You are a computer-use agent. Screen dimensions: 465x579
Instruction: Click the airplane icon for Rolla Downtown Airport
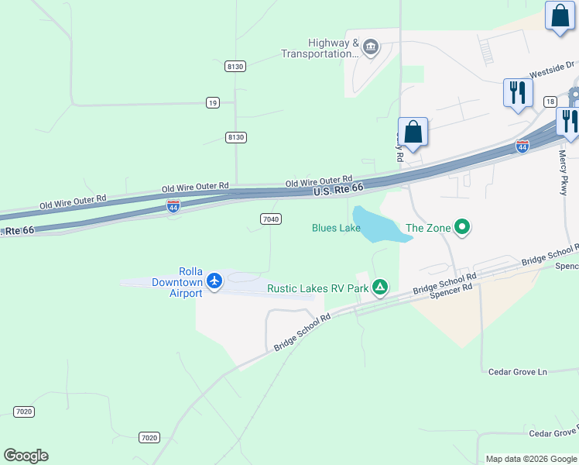pyautogui.click(x=214, y=281)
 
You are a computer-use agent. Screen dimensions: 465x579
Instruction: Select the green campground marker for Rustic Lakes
pyautogui.click(x=380, y=288)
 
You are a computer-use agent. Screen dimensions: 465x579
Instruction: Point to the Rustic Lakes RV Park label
pyautogui.click(x=318, y=288)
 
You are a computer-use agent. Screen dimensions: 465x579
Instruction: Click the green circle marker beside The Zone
pyautogui.click(x=462, y=228)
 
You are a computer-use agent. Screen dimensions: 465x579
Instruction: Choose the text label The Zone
pyautogui.click(x=426, y=228)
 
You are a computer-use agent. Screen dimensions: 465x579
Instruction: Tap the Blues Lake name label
pyautogui.click(x=336, y=228)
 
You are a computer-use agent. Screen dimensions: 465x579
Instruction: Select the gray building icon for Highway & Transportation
pyautogui.click(x=370, y=48)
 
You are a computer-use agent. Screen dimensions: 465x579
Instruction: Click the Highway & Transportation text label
pyautogui.click(x=320, y=49)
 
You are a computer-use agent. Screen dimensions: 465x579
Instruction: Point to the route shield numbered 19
pyautogui.click(x=213, y=102)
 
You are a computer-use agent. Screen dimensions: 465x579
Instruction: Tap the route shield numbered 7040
pyautogui.click(x=270, y=219)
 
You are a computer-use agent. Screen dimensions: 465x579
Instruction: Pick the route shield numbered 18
pyautogui.click(x=550, y=102)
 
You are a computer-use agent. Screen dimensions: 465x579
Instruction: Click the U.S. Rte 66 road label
pyautogui.click(x=338, y=189)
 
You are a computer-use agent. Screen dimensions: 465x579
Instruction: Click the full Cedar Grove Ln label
pyautogui.click(x=517, y=372)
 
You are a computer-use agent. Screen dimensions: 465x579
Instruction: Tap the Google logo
pyautogui.click(x=26, y=456)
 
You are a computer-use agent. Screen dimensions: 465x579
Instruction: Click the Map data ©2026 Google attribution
pyautogui.click(x=531, y=459)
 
